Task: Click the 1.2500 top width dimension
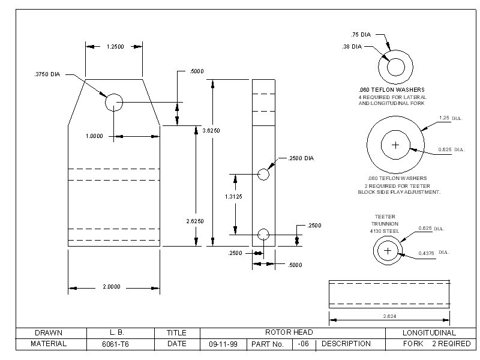tap(115, 47)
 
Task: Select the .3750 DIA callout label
tap(47, 74)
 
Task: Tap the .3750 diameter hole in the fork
tap(114, 102)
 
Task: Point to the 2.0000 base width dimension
tap(112, 287)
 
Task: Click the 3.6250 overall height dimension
tap(211, 131)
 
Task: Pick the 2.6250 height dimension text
tap(195, 221)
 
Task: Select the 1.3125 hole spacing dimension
tap(233, 197)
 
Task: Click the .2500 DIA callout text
tap(301, 158)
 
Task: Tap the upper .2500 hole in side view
tap(263, 175)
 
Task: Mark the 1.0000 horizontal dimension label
tap(94, 136)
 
